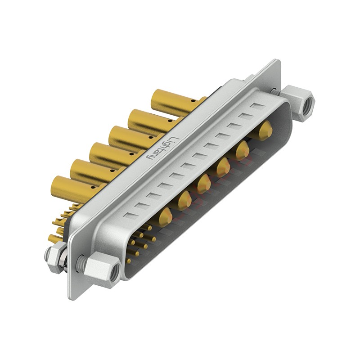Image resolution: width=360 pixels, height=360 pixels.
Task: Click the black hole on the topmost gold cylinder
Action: click(x=194, y=100)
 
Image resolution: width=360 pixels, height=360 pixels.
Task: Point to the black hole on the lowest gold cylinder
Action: click(x=93, y=187)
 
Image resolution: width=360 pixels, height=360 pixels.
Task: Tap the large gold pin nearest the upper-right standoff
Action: click(x=265, y=130)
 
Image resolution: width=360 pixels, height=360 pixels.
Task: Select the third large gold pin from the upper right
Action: click(x=223, y=167)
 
